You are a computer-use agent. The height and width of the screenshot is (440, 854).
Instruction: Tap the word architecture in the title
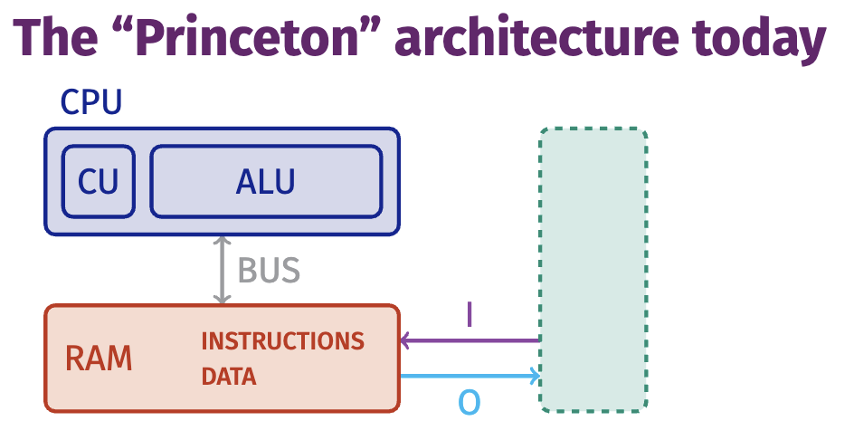537,37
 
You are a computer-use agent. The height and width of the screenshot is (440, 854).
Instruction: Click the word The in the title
55,37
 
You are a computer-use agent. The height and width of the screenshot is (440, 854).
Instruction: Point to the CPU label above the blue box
91,101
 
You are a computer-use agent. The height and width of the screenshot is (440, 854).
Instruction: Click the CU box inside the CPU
98,182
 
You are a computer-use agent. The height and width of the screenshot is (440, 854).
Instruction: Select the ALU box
266,182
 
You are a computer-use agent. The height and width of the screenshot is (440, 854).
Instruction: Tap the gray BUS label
269,270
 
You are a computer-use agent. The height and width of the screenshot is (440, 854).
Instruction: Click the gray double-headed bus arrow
222,270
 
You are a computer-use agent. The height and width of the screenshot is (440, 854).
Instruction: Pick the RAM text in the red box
99,359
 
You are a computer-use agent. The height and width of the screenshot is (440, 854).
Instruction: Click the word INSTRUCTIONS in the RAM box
282,341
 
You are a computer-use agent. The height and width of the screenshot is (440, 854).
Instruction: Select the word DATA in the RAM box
229,377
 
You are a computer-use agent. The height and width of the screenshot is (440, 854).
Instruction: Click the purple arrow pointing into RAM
470,340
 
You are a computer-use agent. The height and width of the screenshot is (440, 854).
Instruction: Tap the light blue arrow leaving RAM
470,376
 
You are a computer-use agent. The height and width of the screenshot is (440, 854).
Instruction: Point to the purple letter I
470,314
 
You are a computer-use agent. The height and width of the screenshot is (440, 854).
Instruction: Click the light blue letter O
469,403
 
